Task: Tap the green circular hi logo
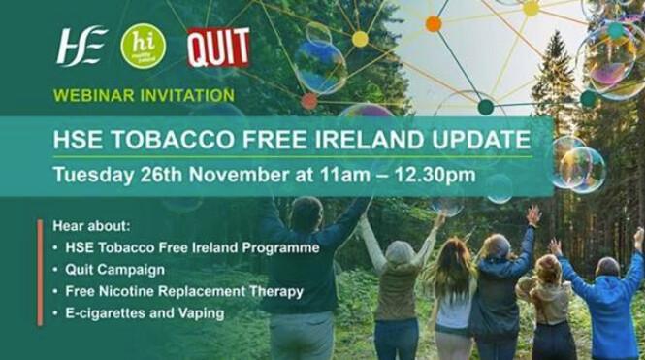[x=143, y=46]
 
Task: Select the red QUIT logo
[x=218, y=47]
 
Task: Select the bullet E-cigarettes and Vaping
[x=145, y=312]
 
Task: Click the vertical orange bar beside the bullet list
[x=39, y=272]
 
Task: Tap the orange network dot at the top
[x=433, y=23]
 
